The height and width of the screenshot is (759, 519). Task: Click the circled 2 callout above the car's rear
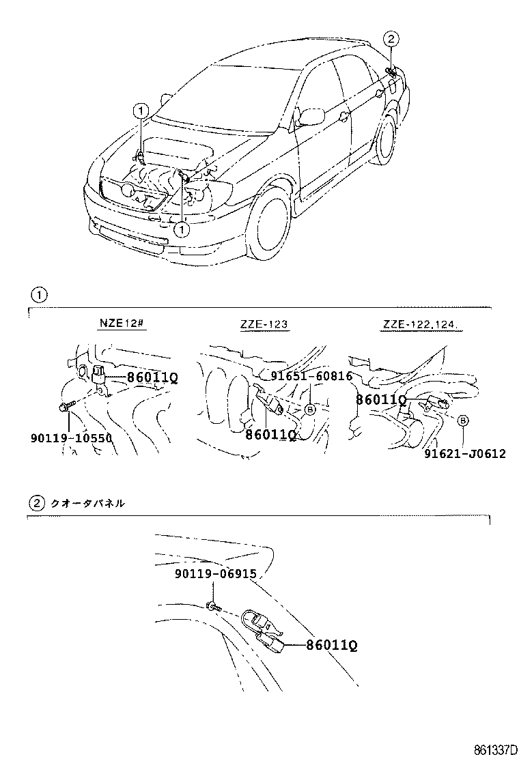[x=390, y=38]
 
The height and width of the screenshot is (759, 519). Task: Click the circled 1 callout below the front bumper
[x=182, y=229]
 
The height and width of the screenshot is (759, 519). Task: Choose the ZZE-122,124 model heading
[x=421, y=326]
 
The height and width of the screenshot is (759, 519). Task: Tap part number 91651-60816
[x=311, y=376]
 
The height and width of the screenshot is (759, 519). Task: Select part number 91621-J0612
[x=464, y=454]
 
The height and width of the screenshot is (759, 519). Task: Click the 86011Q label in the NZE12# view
[x=152, y=377]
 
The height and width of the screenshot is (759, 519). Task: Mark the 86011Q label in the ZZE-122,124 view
[x=381, y=399]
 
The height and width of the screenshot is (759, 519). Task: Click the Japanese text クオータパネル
[x=87, y=504]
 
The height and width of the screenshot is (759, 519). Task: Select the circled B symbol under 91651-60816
[x=310, y=410]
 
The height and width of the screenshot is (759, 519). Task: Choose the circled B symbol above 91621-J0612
[x=462, y=421]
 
